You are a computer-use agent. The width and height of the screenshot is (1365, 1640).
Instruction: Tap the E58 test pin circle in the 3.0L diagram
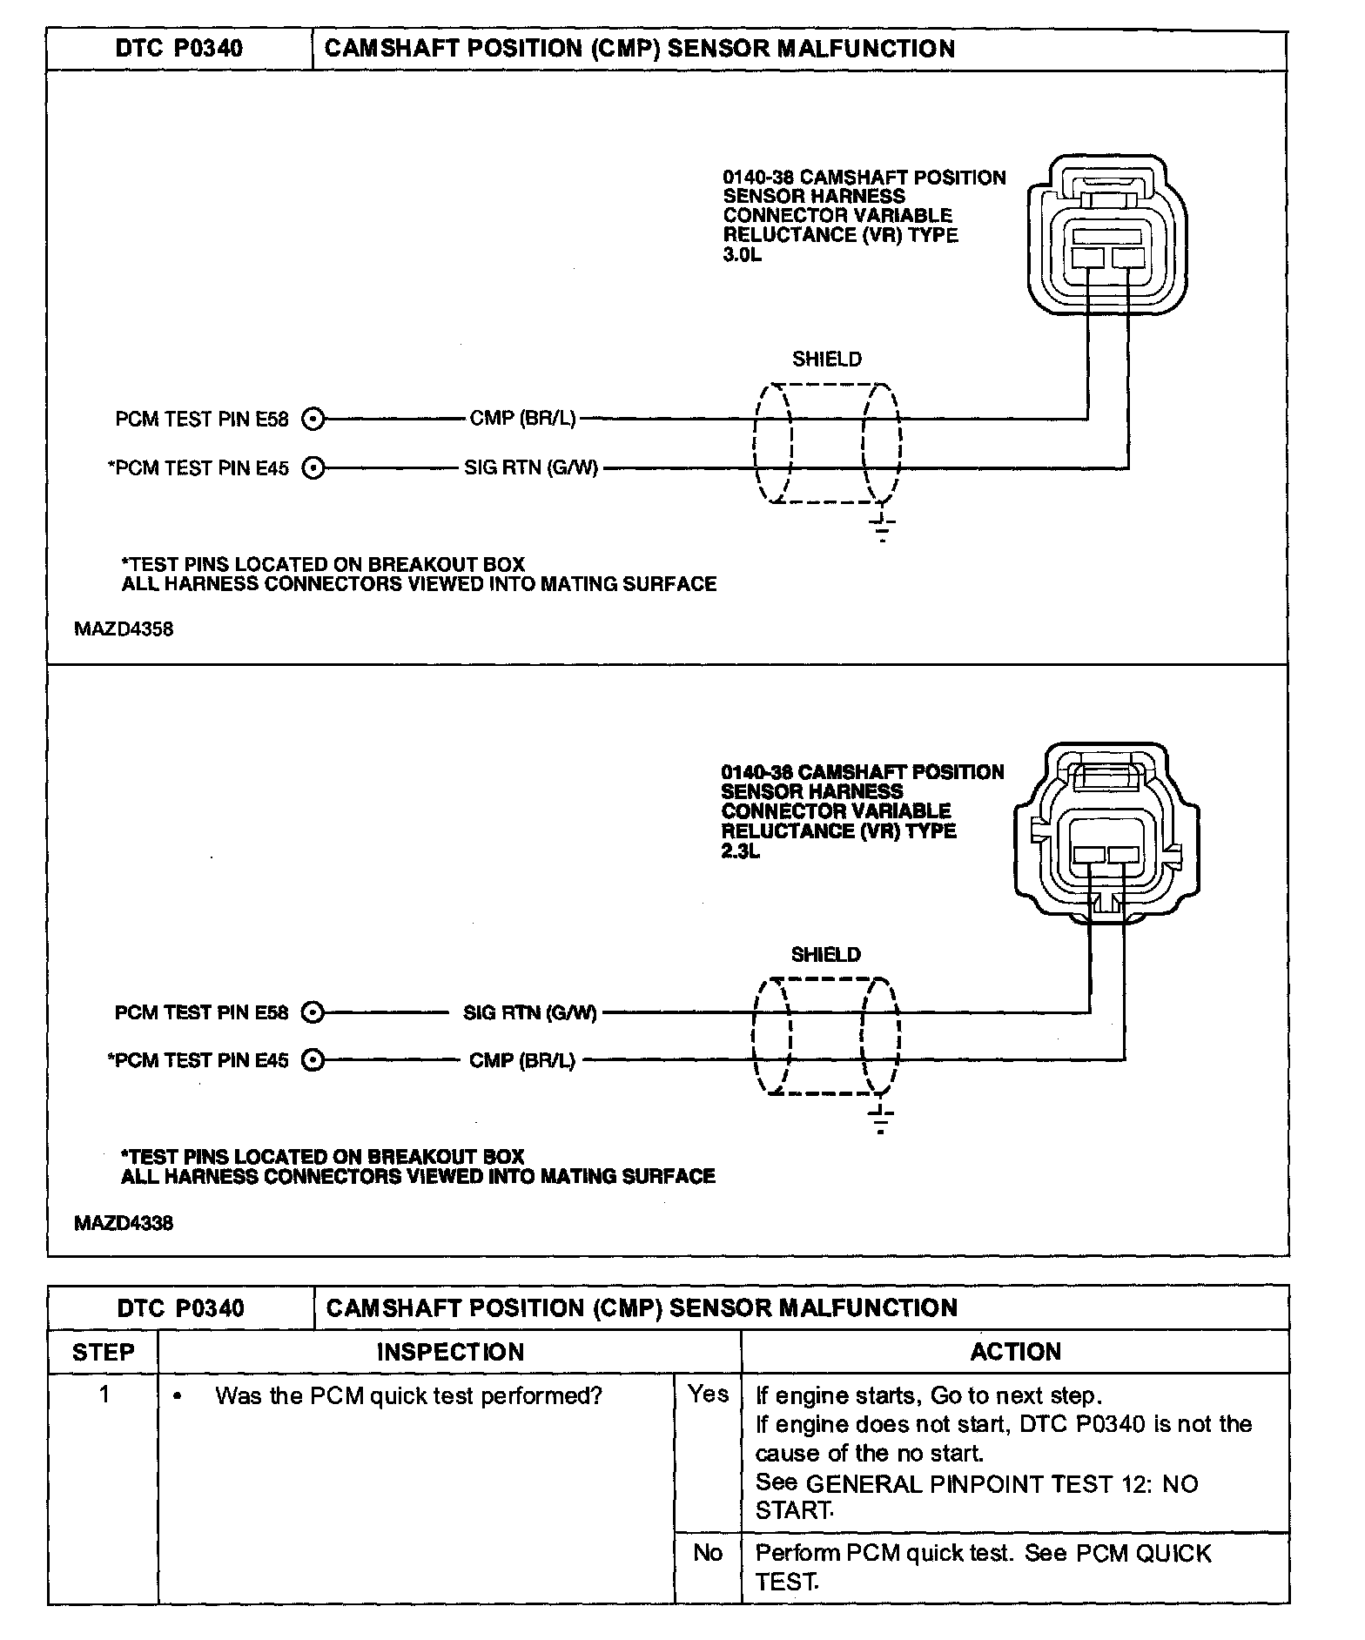pos(313,420)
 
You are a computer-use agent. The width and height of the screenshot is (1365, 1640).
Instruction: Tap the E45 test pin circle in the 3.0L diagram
pos(313,468)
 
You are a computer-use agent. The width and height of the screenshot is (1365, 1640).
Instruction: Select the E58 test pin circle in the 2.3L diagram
pos(313,1012)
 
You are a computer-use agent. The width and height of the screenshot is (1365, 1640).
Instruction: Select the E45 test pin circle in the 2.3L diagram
pos(313,1060)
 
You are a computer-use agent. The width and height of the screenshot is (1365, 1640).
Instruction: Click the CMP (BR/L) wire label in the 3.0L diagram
pos(522,419)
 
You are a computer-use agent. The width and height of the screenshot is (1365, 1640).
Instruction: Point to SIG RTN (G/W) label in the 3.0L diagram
pos(531,467)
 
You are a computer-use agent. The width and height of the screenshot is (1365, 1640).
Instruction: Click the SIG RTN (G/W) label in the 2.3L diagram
pos(530,1012)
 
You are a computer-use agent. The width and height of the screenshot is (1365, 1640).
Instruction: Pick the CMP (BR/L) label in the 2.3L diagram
pos(522,1060)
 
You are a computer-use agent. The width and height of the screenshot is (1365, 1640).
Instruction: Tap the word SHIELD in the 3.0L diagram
pos(827,360)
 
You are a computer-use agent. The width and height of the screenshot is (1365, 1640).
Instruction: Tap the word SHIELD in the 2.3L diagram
pos(826,955)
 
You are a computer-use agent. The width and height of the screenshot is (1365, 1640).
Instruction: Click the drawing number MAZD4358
pos(124,629)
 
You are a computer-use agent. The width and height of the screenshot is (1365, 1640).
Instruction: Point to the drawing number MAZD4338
pos(124,1223)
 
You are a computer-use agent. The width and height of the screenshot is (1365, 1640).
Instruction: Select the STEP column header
pos(104,1352)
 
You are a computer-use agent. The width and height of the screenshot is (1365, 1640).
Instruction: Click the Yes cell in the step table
pos(709,1395)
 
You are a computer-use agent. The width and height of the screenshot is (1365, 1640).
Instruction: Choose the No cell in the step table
pos(709,1553)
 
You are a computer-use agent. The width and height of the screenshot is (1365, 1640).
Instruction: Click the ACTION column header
pos(1016,1352)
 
